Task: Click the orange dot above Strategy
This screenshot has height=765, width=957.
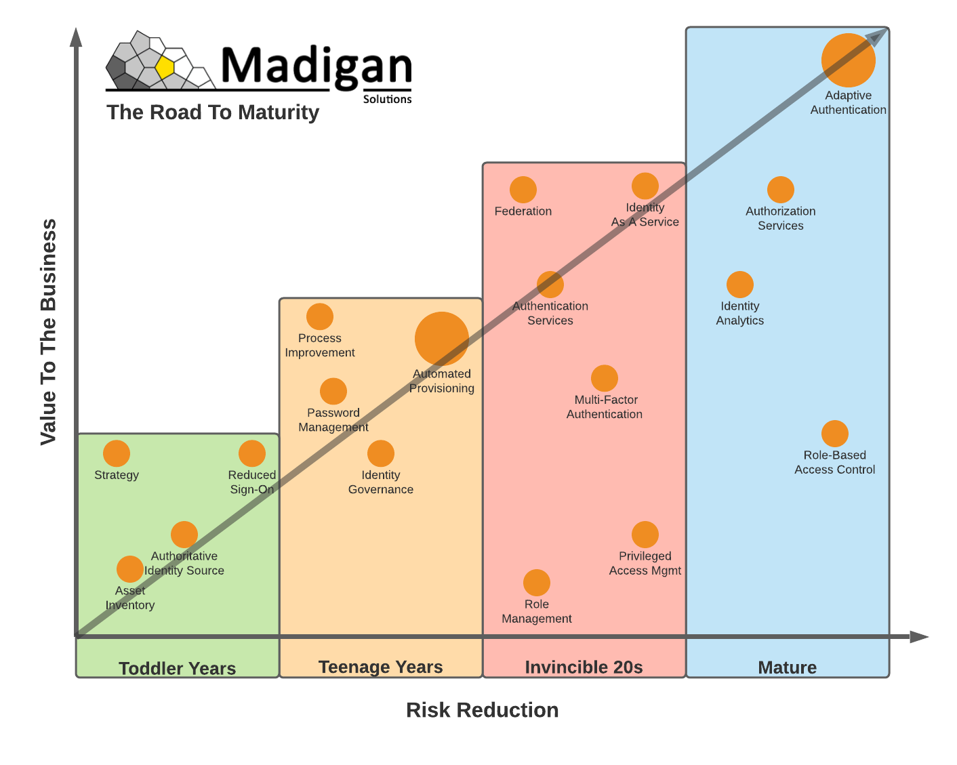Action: click(x=117, y=453)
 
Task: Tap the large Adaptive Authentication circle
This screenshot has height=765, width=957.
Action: click(x=848, y=60)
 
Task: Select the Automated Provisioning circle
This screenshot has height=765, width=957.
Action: click(x=442, y=339)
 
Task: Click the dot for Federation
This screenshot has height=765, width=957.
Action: click(x=523, y=190)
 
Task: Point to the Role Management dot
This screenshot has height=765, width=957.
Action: click(x=537, y=583)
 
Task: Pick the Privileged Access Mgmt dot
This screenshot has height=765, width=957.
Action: click(x=645, y=535)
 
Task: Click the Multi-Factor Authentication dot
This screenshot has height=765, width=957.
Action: click(x=605, y=378)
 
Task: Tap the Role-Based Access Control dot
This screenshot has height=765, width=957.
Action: click(x=835, y=434)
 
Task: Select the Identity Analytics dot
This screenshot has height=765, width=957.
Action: click(x=740, y=285)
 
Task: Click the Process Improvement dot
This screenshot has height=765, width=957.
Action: click(x=320, y=316)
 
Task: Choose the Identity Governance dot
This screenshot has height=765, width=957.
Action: click(x=381, y=453)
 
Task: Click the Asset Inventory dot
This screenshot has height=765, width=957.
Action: click(x=130, y=569)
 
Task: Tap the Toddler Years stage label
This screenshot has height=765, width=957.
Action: click(x=178, y=668)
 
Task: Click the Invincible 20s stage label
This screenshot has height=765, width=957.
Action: click(x=584, y=667)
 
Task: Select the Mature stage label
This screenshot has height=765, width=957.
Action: click(x=787, y=667)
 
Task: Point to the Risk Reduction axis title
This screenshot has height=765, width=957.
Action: click(x=483, y=710)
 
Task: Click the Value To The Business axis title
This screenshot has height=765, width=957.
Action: click(x=48, y=332)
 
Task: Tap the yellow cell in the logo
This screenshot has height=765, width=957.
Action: click(x=165, y=68)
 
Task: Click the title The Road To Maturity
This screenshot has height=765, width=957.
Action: click(x=213, y=112)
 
